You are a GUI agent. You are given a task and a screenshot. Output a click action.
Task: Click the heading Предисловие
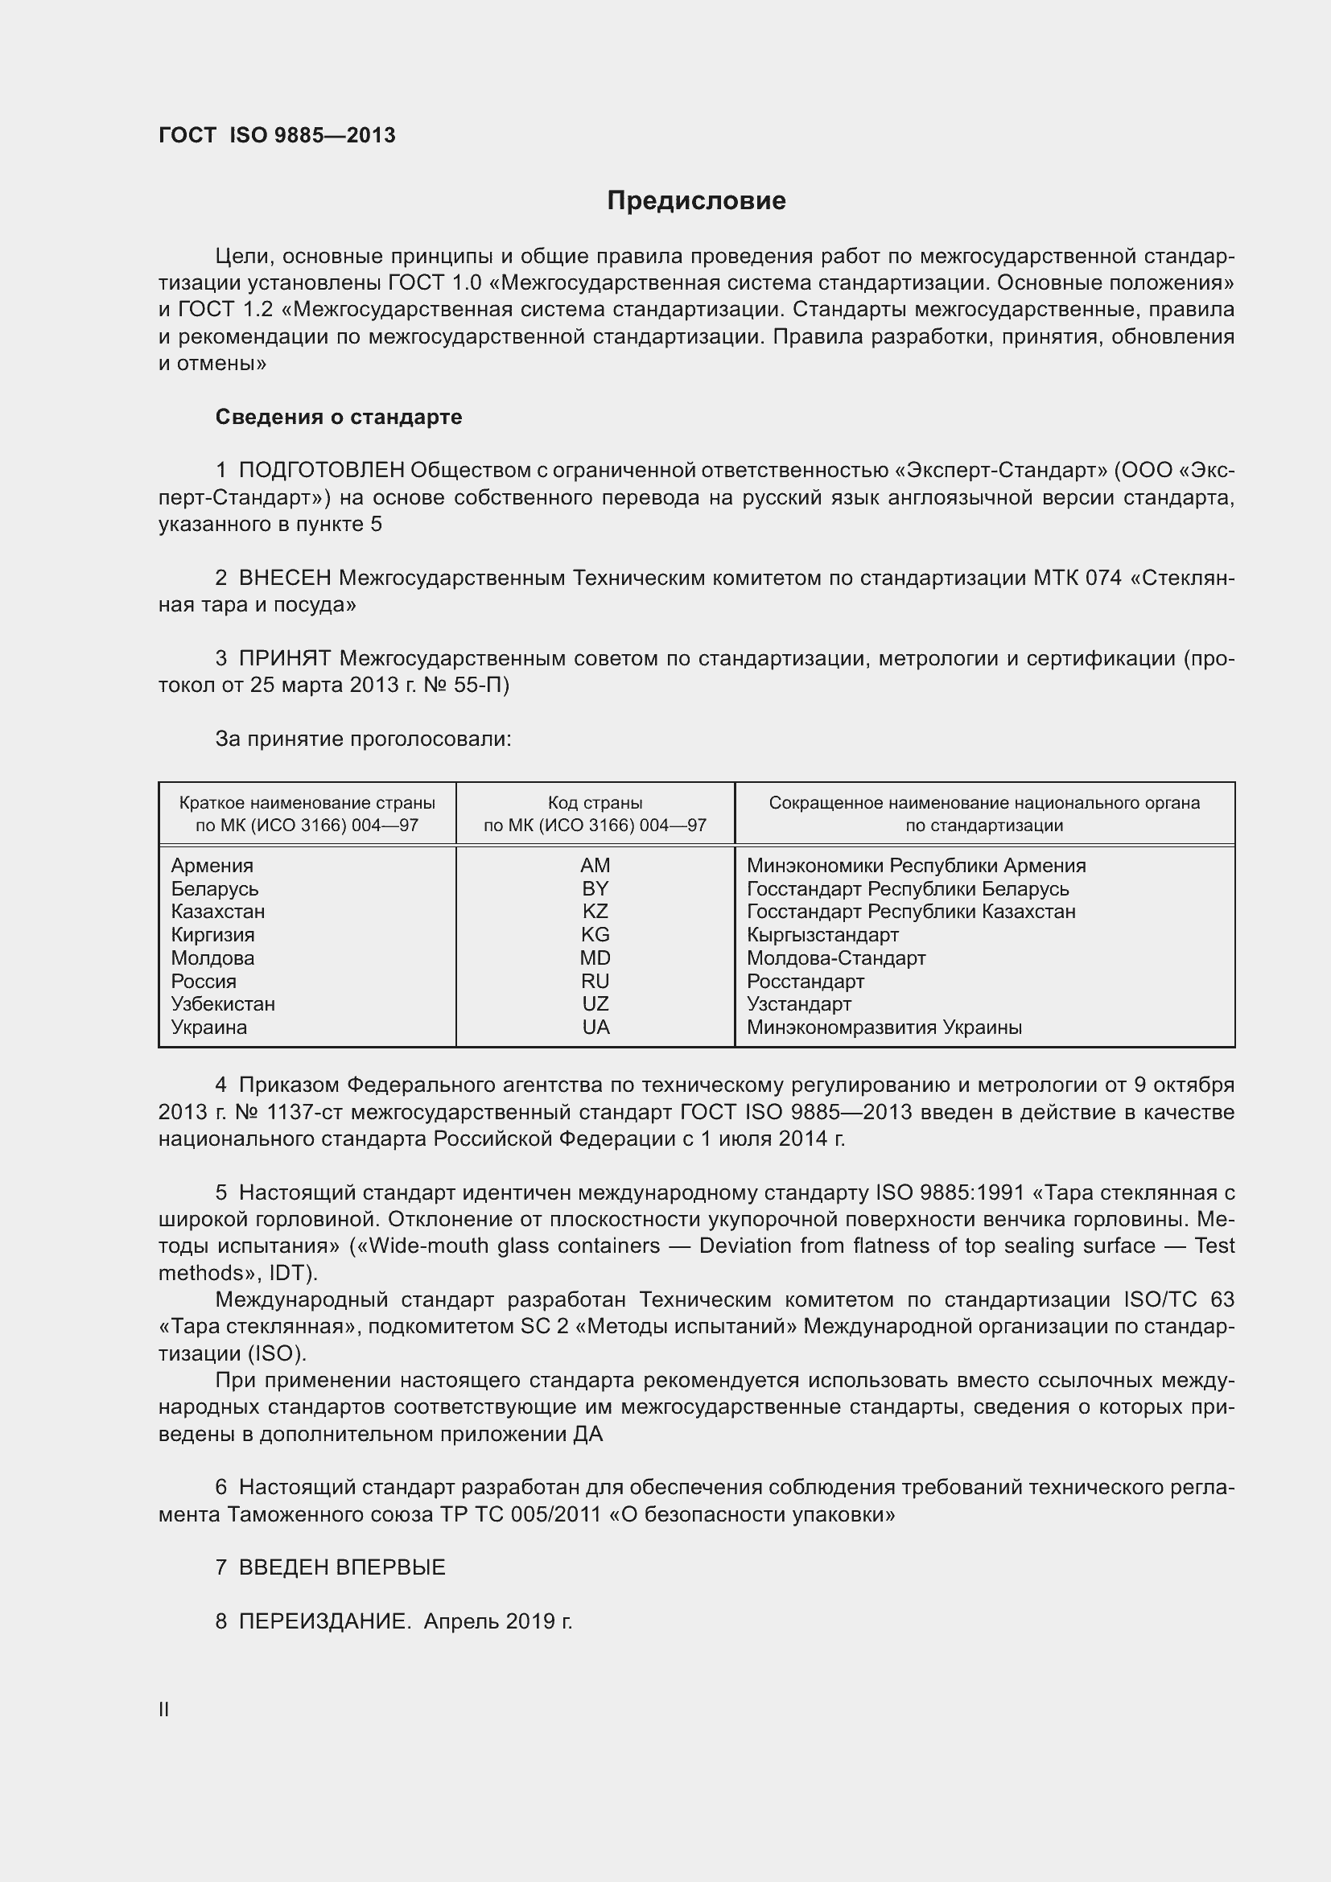pyautogui.click(x=696, y=201)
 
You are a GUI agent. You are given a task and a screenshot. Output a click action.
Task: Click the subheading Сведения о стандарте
pyautogui.click(x=339, y=418)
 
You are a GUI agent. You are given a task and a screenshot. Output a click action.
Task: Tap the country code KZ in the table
pyautogui.click(x=595, y=912)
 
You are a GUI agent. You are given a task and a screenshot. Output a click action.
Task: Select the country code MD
pyautogui.click(x=595, y=957)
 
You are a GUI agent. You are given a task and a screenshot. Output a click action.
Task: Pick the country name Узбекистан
pyautogui.click(x=223, y=1004)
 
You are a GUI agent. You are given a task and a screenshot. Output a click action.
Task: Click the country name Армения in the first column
pyautogui.click(x=212, y=866)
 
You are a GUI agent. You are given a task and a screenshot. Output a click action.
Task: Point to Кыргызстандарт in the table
pyautogui.click(x=823, y=934)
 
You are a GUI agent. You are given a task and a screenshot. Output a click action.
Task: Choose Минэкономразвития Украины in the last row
pyautogui.click(x=884, y=1027)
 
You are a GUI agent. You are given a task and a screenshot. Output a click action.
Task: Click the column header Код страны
pyautogui.click(x=595, y=803)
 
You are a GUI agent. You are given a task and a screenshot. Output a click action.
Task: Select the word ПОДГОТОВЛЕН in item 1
pyautogui.click(x=321, y=470)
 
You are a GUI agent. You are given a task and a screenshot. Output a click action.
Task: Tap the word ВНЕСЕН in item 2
pyautogui.click(x=284, y=578)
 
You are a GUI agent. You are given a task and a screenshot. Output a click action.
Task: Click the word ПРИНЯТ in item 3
pyautogui.click(x=284, y=658)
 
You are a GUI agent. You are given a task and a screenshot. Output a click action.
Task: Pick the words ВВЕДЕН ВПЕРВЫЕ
pyautogui.click(x=342, y=1567)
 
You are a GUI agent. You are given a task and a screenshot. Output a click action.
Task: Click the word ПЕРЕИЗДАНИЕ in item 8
pyautogui.click(x=324, y=1621)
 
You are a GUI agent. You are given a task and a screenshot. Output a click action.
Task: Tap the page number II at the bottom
pyautogui.click(x=164, y=1710)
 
